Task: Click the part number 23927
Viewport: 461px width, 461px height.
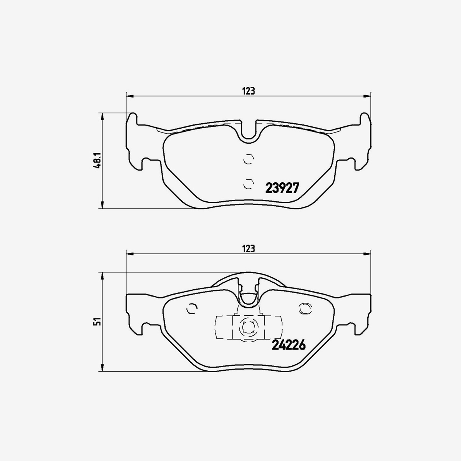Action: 282,188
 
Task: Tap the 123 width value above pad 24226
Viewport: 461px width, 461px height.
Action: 249,249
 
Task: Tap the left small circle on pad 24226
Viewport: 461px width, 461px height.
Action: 191,308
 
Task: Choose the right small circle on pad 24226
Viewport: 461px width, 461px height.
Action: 305,308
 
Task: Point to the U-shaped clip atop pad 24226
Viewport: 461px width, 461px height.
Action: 249,296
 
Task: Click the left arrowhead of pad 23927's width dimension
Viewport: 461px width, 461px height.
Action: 129,95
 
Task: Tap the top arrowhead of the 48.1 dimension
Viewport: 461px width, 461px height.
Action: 102,116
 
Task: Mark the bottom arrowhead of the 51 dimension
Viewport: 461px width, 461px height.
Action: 102,368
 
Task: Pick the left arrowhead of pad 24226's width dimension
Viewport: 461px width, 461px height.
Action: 129,254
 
